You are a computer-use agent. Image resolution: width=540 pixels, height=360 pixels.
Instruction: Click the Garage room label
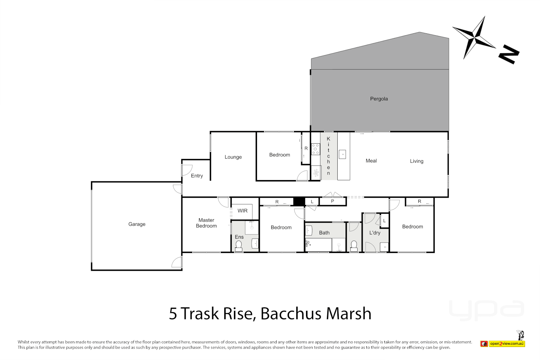(137, 224)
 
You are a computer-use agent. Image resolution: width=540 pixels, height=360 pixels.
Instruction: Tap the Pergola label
(379, 99)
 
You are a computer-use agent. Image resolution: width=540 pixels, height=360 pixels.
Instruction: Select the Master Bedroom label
(206, 223)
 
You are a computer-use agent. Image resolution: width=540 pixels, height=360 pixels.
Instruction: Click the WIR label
(242, 211)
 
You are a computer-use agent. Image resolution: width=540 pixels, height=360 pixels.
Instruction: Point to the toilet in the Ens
(239, 246)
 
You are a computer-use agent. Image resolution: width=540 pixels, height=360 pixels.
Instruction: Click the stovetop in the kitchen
(315, 149)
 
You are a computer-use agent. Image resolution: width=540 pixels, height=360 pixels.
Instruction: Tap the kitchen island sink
(342, 154)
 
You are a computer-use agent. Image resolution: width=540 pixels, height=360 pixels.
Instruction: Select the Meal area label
(371, 161)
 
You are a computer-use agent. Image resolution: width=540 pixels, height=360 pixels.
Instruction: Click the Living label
(416, 161)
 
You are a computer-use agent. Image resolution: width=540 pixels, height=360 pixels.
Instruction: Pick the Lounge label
(233, 157)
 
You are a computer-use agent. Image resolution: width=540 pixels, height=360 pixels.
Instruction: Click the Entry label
(197, 176)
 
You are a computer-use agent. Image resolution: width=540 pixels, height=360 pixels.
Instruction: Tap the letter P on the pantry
(332, 201)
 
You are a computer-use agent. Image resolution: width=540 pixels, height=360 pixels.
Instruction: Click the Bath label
(324, 233)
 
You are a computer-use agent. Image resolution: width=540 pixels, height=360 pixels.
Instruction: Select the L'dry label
(375, 233)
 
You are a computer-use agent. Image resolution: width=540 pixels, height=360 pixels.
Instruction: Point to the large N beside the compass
(509, 54)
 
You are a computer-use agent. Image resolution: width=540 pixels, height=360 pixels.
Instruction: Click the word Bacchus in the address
(291, 314)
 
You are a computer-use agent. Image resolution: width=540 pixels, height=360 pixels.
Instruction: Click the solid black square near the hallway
(299, 201)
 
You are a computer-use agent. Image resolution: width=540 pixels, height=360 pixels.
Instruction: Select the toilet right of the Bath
(354, 246)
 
